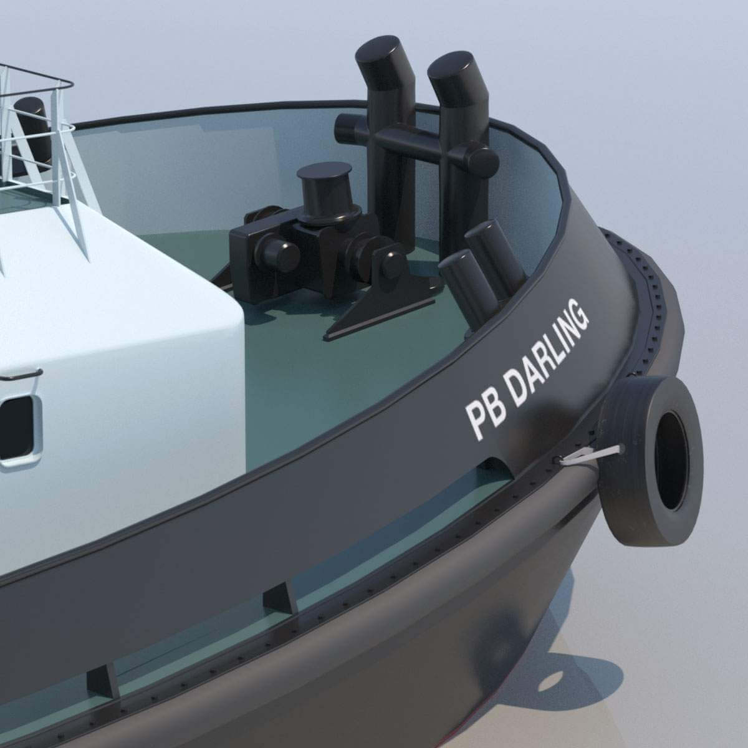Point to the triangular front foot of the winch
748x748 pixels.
point(349,321)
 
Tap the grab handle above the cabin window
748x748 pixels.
point(22,376)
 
